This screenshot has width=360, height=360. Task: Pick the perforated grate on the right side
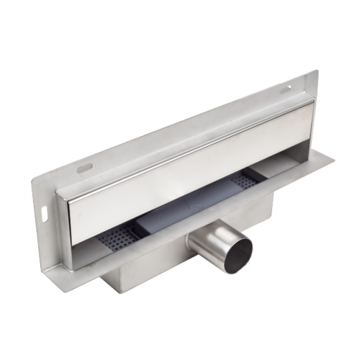pos(244,180)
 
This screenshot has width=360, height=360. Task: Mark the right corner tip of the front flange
pos(333,157)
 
